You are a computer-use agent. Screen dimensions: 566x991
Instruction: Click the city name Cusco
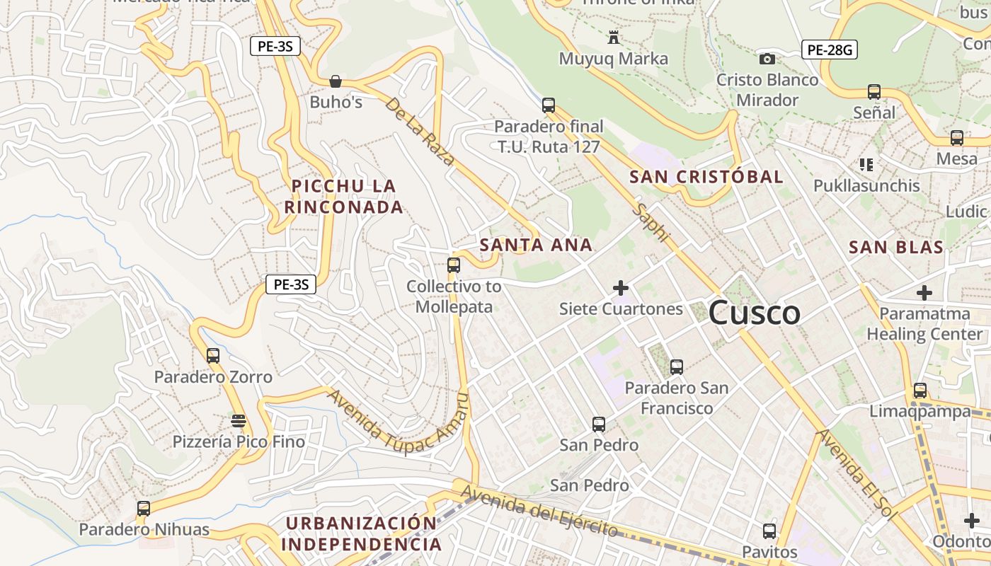tap(754, 313)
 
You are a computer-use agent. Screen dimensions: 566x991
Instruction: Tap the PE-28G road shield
tap(830, 50)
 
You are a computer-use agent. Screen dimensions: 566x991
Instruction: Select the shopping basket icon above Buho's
tap(336, 81)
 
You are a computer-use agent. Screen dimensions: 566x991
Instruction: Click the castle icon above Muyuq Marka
tap(614, 37)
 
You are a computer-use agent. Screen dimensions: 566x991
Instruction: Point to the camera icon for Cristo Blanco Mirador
tap(767, 59)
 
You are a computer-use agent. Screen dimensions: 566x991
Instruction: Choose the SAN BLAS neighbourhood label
tap(895, 247)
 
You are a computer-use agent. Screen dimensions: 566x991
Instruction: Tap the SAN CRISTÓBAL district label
tap(706, 177)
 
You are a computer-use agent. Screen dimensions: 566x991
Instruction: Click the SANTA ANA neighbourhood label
tap(536, 245)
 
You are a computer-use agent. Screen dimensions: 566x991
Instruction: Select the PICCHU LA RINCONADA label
tap(344, 197)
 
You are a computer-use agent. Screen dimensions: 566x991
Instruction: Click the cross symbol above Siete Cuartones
tap(621, 288)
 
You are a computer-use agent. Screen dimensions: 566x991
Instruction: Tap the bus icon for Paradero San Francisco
tap(677, 367)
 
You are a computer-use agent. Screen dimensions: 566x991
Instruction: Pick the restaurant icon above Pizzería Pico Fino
tap(239, 421)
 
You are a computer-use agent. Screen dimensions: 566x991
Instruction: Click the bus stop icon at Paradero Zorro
tap(213, 355)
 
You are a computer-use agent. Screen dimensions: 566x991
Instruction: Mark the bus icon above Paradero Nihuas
tap(144, 508)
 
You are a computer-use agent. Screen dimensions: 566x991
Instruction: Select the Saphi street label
tap(651, 223)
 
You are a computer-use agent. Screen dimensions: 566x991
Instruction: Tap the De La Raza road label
tap(420, 132)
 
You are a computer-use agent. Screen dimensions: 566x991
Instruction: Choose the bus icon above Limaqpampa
tap(920, 390)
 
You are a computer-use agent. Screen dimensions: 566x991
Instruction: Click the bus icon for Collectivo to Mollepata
tap(454, 265)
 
